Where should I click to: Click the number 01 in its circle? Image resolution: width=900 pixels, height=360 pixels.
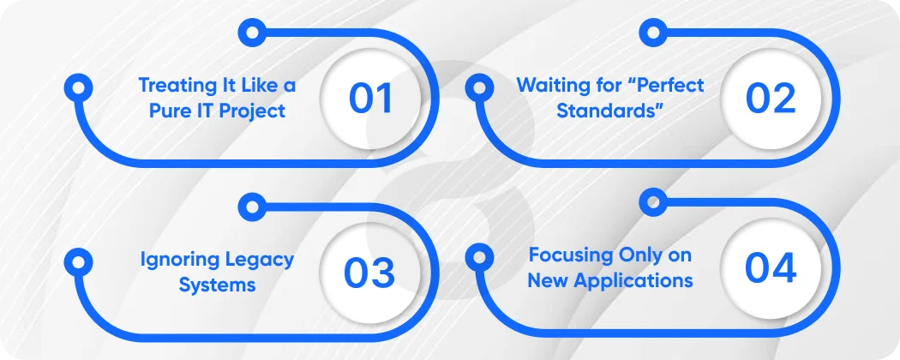(x=371, y=99)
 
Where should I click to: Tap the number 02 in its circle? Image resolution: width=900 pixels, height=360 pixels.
(x=771, y=99)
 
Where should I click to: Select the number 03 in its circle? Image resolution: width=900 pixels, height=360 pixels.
(x=369, y=273)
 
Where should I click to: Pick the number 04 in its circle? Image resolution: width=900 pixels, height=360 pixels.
(x=771, y=268)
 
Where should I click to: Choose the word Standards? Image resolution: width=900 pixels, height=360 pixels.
(x=603, y=111)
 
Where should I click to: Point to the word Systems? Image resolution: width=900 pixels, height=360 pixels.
(x=217, y=285)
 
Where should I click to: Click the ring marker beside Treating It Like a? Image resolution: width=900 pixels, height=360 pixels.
(x=78, y=87)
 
